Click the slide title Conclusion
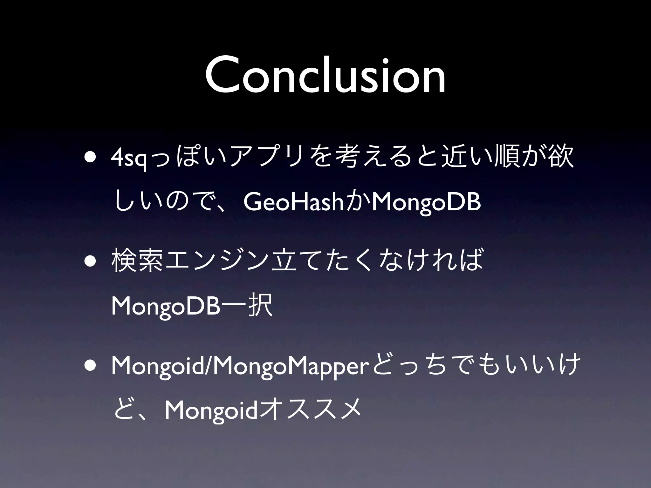point(325,76)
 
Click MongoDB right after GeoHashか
point(426,203)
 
